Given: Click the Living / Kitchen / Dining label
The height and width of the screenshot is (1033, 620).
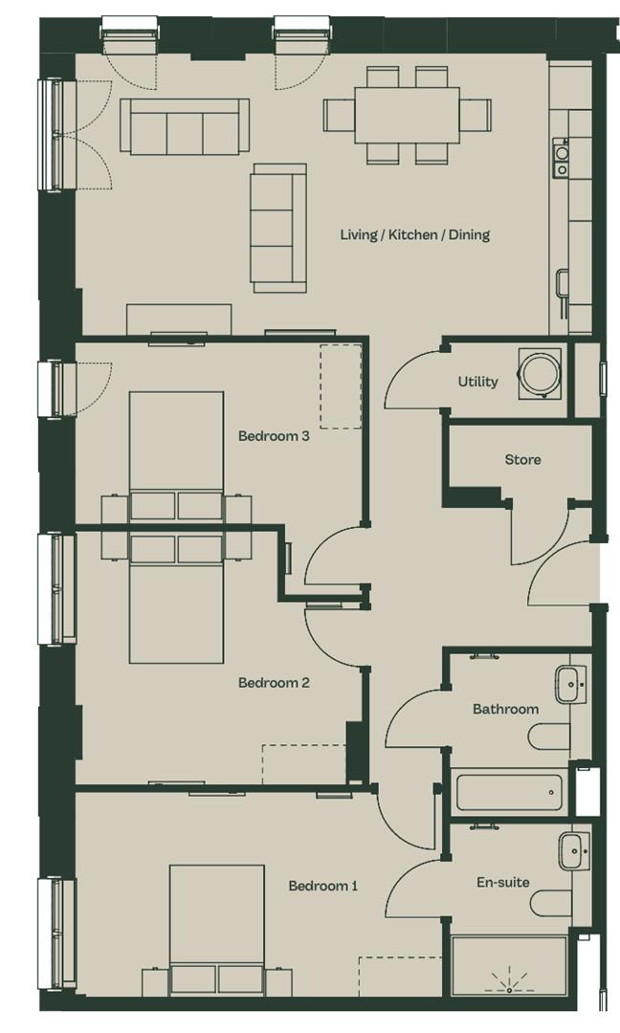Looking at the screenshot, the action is [414, 234].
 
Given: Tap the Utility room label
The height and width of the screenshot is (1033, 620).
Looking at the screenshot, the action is [477, 382].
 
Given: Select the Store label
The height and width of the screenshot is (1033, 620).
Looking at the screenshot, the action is [522, 459].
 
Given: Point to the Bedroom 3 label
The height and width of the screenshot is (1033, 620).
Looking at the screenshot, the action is [274, 435].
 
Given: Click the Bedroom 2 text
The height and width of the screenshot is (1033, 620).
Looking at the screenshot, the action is [274, 683].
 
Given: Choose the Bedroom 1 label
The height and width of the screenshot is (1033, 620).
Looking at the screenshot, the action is [322, 886].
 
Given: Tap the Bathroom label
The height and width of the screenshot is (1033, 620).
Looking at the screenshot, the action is [505, 709].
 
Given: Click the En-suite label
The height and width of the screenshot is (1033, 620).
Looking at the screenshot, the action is [502, 882].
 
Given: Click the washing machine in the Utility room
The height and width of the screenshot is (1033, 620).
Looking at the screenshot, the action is [540, 374].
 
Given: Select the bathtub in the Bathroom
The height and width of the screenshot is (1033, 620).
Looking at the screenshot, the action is [509, 793].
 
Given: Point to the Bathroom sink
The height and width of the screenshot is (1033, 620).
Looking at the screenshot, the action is [570, 685].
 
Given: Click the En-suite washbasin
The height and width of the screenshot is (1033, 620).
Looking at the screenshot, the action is [575, 851].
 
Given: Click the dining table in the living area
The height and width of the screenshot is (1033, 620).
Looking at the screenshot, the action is [408, 115].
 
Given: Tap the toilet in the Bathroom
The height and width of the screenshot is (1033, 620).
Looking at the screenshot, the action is [549, 736].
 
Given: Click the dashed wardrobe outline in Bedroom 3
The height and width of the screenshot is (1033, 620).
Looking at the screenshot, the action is [341, 386].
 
